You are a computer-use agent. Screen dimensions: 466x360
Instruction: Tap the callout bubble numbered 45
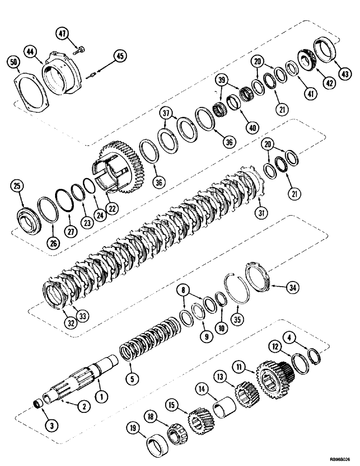tap(120, 57)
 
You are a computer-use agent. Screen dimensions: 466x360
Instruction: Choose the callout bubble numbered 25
tap(17, 187)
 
